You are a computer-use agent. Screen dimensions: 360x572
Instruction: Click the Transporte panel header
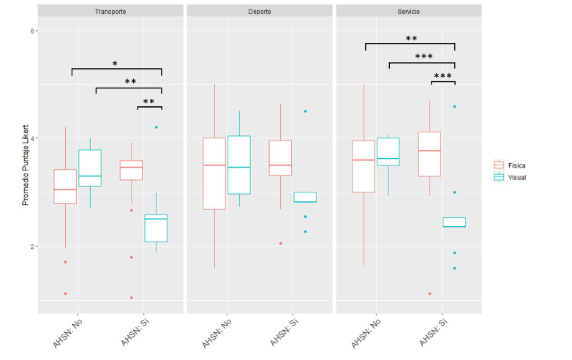click(110, 12)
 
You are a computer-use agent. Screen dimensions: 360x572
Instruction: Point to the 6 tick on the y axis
click(34, 31)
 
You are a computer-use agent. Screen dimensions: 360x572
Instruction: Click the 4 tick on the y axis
click(34, 138)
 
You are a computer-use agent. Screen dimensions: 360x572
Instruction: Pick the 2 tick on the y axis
click(34, 246)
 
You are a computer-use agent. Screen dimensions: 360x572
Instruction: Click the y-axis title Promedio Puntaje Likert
click(25, 165)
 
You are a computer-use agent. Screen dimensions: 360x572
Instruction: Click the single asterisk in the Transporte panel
click(115, 64)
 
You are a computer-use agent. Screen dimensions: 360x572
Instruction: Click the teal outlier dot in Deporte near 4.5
click(306, 111)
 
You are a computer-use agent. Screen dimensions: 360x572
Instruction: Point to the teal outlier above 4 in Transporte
click(156, 127)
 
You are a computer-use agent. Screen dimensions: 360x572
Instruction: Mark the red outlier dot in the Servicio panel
click(430, 293)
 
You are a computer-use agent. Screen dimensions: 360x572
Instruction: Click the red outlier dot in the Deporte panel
click(281, 243)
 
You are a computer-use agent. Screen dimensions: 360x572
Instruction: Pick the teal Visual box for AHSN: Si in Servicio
click(454, 222)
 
